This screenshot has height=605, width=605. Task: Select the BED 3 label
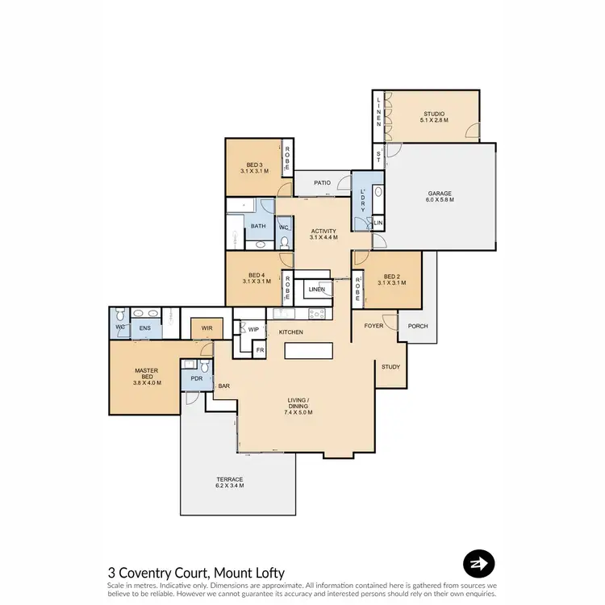coord(255,168)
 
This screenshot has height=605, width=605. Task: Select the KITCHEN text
coord(290,332)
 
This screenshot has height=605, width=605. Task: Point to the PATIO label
coord(323,183)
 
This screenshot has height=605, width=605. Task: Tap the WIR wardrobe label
coord(206,329)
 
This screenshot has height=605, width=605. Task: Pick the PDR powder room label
coord(196,378)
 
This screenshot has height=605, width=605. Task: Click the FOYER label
coord(373,326)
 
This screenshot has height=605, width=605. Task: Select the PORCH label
coord(418,326)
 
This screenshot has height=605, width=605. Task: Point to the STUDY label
coord(391,367)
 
